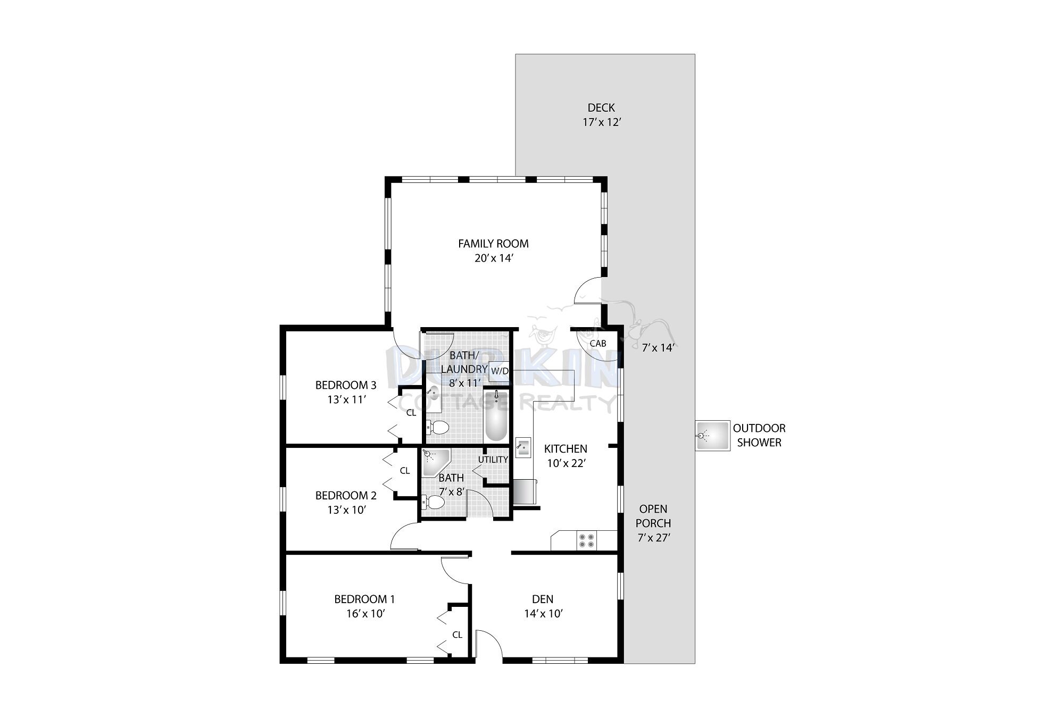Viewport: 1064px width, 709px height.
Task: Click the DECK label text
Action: coord(601,108)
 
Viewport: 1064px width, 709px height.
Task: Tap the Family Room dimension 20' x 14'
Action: coord(493,258)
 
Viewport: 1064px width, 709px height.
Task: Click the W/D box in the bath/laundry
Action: coord(500,371)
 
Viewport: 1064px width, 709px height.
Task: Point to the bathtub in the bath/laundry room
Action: coord(496,416)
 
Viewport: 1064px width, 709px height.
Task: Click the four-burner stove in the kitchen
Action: coord(586,540)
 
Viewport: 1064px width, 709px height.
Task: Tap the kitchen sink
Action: coord(523,447)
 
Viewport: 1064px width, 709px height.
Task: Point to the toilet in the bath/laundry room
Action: coord(436,427)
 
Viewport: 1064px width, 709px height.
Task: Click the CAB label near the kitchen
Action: coord(598,344)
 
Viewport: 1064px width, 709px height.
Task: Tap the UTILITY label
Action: coord(493,460)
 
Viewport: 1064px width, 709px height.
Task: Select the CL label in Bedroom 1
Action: coord(457,635)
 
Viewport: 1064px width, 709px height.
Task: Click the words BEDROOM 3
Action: coord(346,385)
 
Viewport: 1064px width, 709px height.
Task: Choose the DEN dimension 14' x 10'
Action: coord(543,614)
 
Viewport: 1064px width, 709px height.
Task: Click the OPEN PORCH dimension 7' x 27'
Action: coord(653,538)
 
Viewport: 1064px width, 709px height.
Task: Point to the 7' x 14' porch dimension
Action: coord(658,348)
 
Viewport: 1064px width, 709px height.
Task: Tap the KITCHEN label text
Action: coord(566,449)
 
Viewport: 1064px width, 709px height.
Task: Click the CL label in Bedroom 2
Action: coord(405,471)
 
